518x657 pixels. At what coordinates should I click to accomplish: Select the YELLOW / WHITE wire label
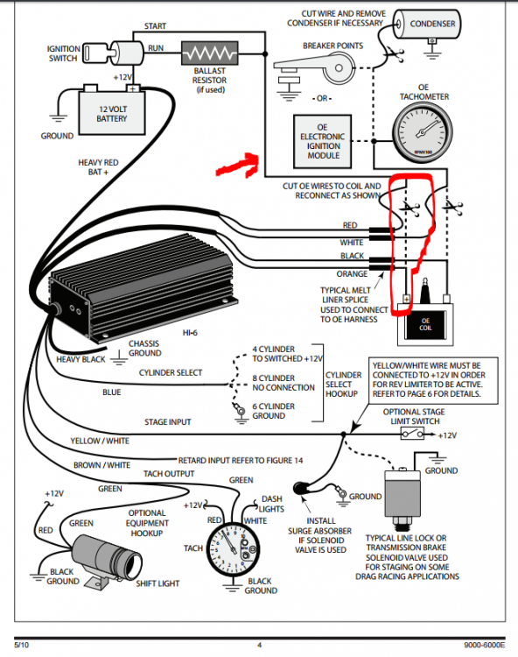[x=101, y=441]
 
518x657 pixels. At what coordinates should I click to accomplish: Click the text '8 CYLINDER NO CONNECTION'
[x=283, y=382]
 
